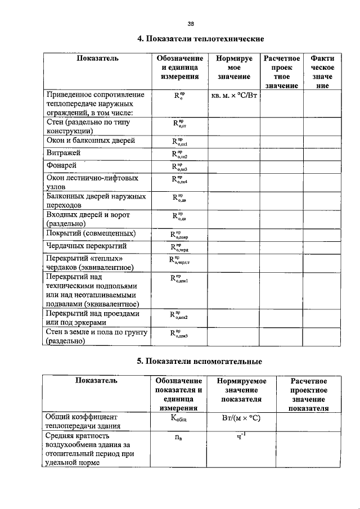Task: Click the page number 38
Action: (x=191, y=24)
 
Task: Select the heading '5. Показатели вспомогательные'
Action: (x=200, y=361)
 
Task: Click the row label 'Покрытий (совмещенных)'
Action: (x=89, y=233)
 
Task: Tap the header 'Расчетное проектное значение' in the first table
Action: (x=281, y=72)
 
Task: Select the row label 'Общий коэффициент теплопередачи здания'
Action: (x=82, y=421)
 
